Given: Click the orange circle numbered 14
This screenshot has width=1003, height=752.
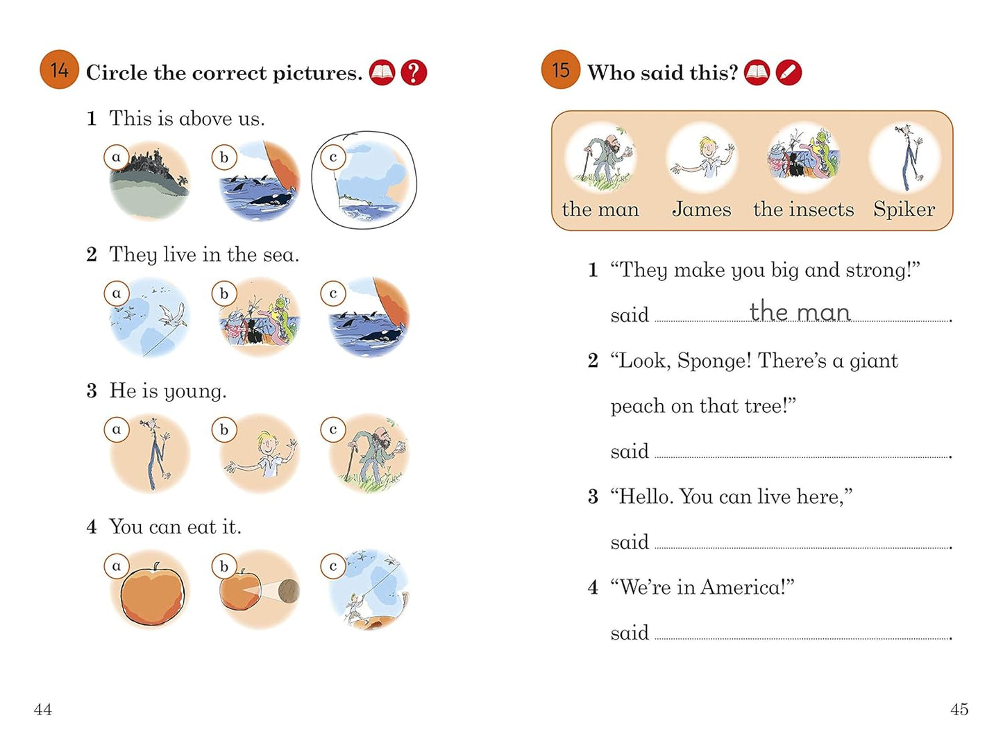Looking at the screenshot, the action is coord(60,69).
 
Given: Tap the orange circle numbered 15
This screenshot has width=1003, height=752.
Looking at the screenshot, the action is coord(561,69).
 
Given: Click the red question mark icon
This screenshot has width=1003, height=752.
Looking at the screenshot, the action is coord(414,73).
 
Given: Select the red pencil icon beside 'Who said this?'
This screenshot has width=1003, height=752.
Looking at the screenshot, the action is coord(789,73).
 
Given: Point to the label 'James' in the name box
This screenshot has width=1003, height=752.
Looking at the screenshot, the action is coord(702,209).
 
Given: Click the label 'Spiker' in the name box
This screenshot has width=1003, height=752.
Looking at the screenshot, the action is coord(904,210).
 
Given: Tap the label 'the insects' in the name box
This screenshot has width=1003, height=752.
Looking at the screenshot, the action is coord(804,209).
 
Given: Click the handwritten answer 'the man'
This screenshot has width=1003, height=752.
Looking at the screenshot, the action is coord(800,311).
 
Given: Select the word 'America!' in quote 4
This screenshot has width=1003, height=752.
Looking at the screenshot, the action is coord(747,587).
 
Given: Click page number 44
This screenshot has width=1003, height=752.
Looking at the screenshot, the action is coord(43,710).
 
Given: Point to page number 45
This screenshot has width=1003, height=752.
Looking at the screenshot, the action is coord(959,710).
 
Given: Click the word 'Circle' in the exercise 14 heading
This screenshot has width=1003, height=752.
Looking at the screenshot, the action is coord(117,73).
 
